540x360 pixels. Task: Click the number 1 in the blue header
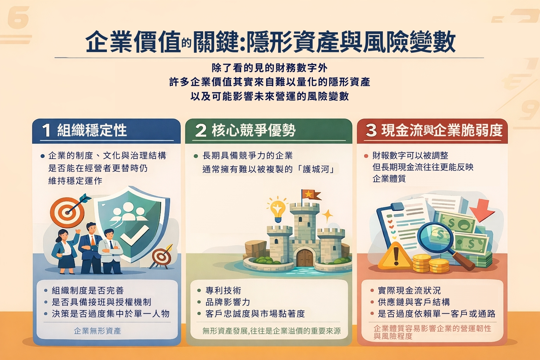(46, 130)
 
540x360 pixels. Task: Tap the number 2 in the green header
(201, 130)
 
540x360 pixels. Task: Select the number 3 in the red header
(371, 130)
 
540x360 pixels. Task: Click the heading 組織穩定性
(92, 130)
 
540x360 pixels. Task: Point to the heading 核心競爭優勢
(253, 130)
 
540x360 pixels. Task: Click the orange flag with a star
(312, 195)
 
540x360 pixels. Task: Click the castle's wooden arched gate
(305, 258)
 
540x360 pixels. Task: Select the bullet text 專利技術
(223, 290)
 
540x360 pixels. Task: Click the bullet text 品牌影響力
(228, 302)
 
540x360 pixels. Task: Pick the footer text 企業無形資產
(97, 331)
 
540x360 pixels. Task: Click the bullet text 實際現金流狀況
(409, 290)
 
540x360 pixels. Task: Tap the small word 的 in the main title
(187, 43)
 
